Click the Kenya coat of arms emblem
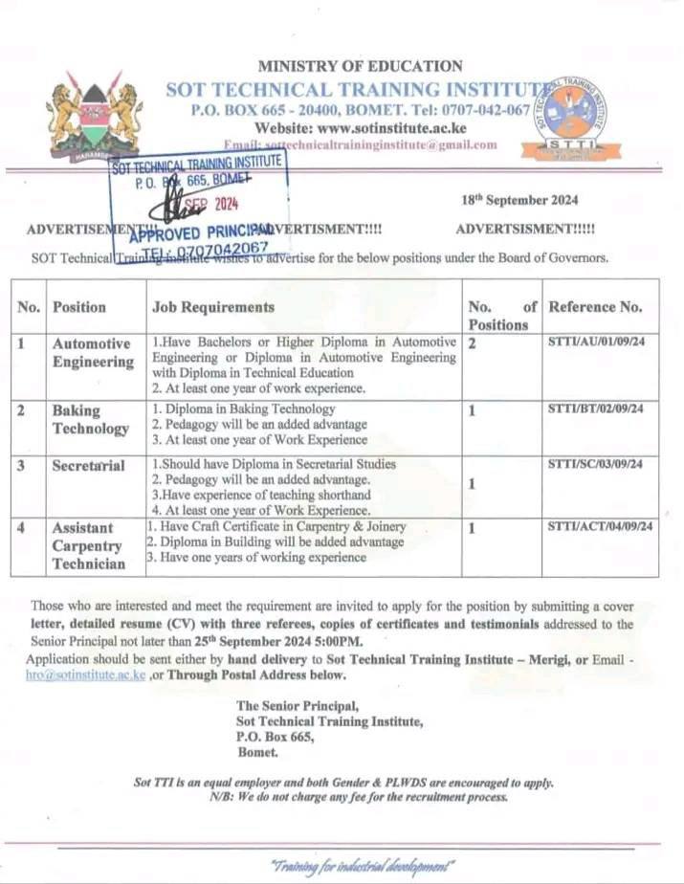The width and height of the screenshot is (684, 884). (94, 115)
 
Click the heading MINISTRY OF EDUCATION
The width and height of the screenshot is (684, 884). (360, 66)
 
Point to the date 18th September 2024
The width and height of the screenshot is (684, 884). (521, 200)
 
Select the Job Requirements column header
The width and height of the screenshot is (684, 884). (213, 307)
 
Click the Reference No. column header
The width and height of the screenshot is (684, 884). (595, 307)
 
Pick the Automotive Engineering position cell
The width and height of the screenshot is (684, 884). (93, 352)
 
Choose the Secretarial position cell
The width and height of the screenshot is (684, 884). (88, 466)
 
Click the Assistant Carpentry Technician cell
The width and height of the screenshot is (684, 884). (88, 545)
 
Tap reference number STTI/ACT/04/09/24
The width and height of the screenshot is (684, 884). (600, 526)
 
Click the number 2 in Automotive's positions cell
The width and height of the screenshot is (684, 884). (472, 342)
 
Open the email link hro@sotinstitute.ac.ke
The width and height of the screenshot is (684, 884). (86, 674)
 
